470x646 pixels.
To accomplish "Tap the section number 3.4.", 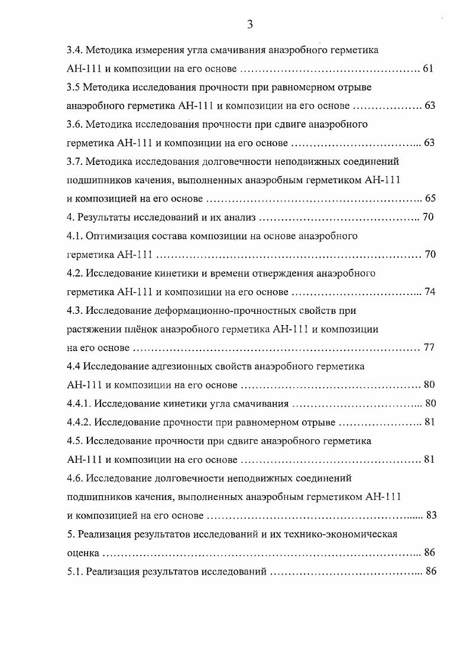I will tap(75, 50).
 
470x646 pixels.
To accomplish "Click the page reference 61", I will tap(429, 69).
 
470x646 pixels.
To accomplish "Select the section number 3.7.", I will tap(75, 161).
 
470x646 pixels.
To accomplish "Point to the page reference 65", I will tap(430, 199).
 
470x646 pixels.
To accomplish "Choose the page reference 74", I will tap(430, 292).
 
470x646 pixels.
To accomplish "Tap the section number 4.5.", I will tap(75, 441).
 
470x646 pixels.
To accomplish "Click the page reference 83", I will tap(431, 515).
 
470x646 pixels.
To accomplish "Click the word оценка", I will tap(83, 553).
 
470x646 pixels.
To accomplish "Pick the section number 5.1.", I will tap(75, 572).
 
